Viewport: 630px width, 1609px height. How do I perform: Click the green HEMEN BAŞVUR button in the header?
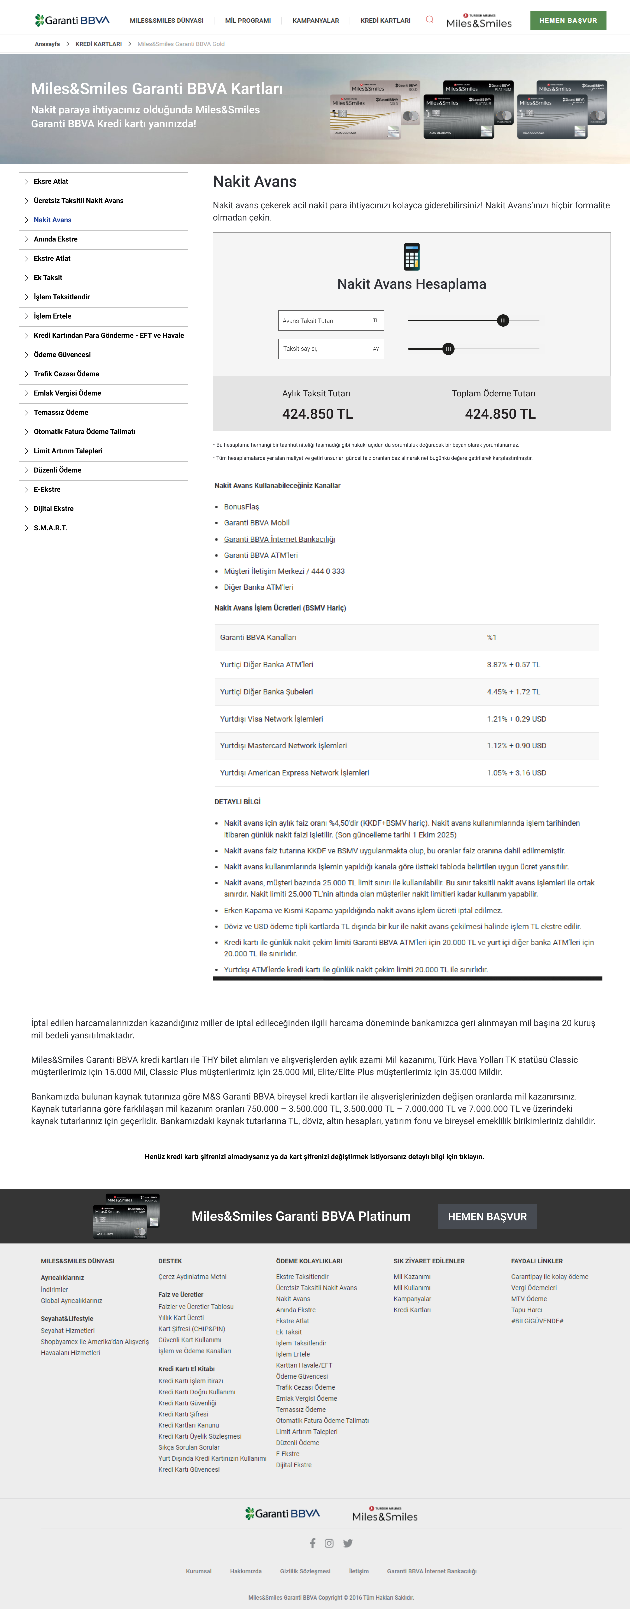coord(568,21)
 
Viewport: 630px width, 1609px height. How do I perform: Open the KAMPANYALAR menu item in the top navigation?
coord(315,21)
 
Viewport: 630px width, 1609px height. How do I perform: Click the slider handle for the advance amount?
coord(503,320)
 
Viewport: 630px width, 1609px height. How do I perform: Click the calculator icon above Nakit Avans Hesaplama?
coord(411,256)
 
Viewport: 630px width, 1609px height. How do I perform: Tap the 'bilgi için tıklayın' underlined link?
coord(457,1157)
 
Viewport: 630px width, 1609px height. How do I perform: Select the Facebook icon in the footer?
coord(312,1543)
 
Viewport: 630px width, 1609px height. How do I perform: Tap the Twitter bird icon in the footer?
coord(348,1543)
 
